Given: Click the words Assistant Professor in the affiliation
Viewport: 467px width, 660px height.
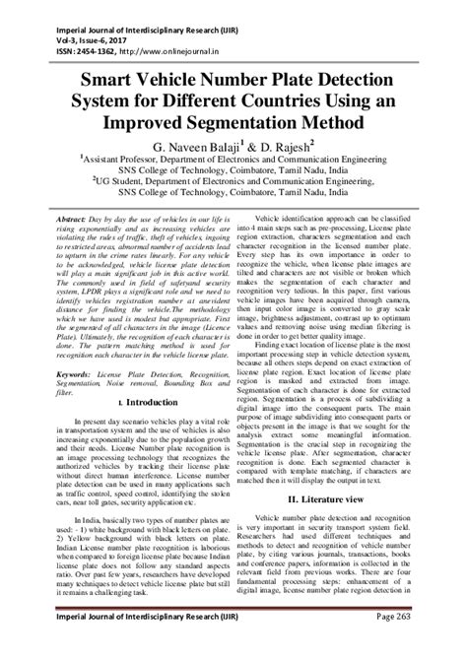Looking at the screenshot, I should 133,158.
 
